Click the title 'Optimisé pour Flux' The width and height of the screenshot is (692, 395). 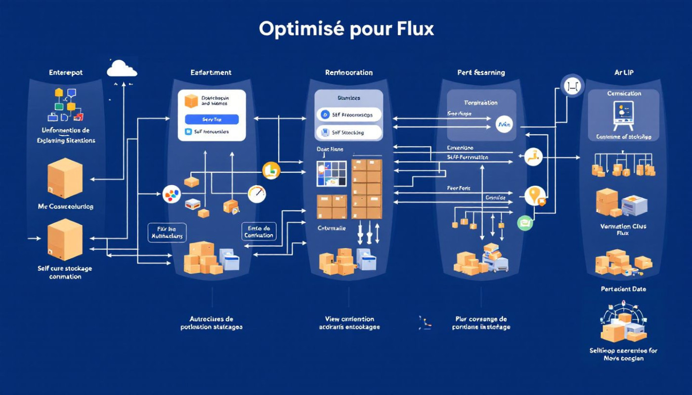tap(346, 29)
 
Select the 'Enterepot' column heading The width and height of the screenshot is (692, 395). tap(66, 73)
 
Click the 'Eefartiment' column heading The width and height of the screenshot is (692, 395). tap(211, 73)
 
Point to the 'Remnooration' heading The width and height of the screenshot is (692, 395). tap(348, 73)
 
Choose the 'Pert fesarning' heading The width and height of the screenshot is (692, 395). tap(481, 73)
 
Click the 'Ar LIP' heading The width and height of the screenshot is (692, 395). tap(623, 73)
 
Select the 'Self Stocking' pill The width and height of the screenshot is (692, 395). tap(348, 132)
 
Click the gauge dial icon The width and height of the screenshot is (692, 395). tap(257, 194)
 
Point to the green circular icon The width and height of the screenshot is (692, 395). tap(525, 223)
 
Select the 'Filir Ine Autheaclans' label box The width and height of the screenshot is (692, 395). tap(167, 232)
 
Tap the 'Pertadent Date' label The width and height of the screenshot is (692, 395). tap(623, 289)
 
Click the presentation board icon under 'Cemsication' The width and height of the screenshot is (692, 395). tap(623, 116)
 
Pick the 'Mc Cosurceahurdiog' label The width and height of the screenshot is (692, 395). tap(65, 206)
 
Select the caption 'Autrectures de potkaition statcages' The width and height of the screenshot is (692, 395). tap(211, 323)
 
